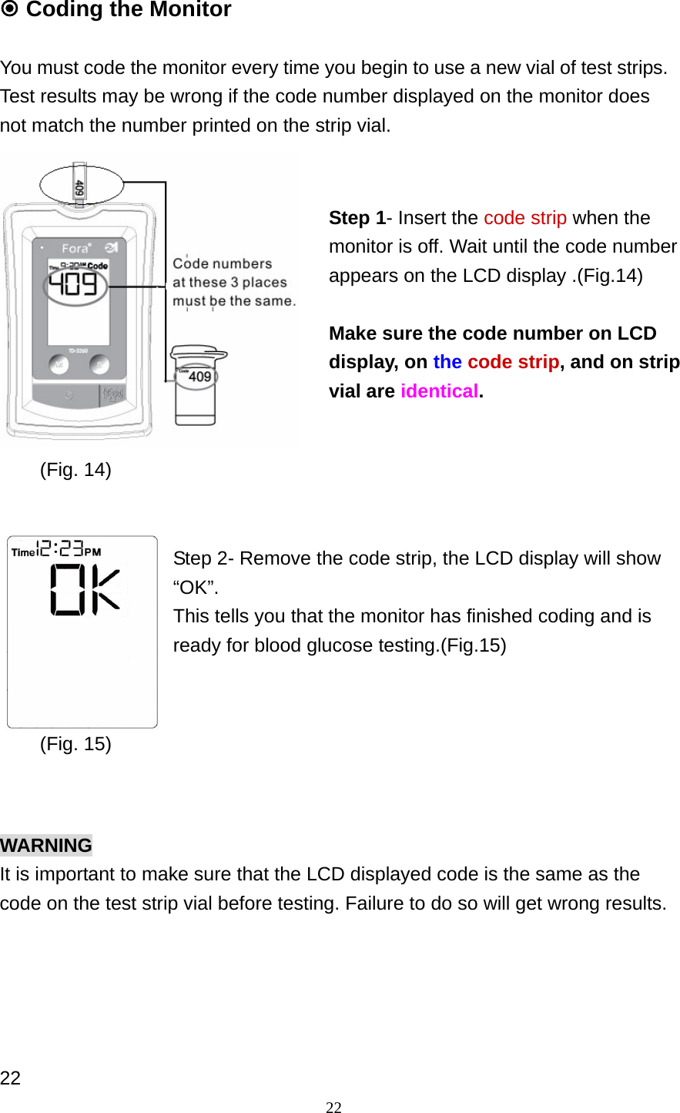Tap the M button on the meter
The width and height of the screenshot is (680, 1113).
coord(59,364)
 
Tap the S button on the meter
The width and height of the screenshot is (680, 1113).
coord(99,364)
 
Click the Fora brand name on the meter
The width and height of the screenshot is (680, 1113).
coord(75,248)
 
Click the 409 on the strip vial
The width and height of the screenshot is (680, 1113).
coord(199,377)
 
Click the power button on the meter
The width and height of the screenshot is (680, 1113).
coord(69,395)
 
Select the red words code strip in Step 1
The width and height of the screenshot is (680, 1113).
coord(524,218)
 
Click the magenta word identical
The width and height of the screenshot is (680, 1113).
coord(439,391)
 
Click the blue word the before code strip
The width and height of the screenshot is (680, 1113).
coord(447,362)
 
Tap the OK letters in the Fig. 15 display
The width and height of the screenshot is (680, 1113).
coord(85,590)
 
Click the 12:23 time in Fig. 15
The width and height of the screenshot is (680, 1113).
coord(61,548)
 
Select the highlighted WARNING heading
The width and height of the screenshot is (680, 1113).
coord(46,845)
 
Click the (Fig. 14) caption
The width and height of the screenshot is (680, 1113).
coord(75,470)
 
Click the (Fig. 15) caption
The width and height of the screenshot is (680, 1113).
coord(75,744)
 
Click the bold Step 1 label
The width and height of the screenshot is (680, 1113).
coord(357,218)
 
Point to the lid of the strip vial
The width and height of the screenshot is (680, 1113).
coord(199,354)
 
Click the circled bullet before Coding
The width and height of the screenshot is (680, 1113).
coord(9,9)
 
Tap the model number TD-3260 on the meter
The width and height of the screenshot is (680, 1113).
coord(78,350)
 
